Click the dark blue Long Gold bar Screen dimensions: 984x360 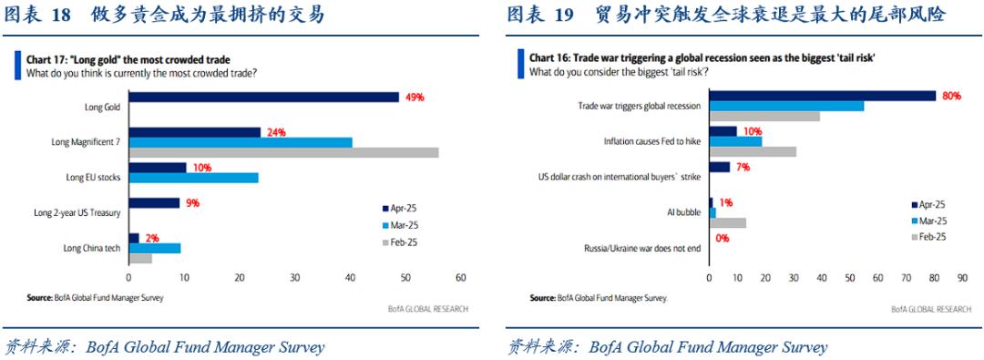pos(263,97)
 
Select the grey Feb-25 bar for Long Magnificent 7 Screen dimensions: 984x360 pos(283,153)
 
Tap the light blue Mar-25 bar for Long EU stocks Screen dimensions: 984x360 pos(193,178)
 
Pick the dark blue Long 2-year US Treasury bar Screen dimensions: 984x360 pos(154,203)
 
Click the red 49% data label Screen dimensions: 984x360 pos(415,98)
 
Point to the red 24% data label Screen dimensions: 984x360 pos(276,132)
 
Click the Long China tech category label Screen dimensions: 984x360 pos(92,248)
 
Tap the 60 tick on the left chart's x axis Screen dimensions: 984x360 pos(461,277)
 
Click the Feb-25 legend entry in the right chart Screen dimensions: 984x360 pos(928,236)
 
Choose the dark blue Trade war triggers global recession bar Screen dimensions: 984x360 pos(822,96)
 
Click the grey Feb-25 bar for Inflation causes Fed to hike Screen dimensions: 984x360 pos(753,151)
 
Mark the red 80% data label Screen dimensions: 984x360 pos(952,96)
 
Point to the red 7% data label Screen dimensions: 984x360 pos(743,167)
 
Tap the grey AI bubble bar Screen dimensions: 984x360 pos(727,222)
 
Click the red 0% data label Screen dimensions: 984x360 pos(723,238)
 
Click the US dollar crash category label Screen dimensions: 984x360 pos(620,177)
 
